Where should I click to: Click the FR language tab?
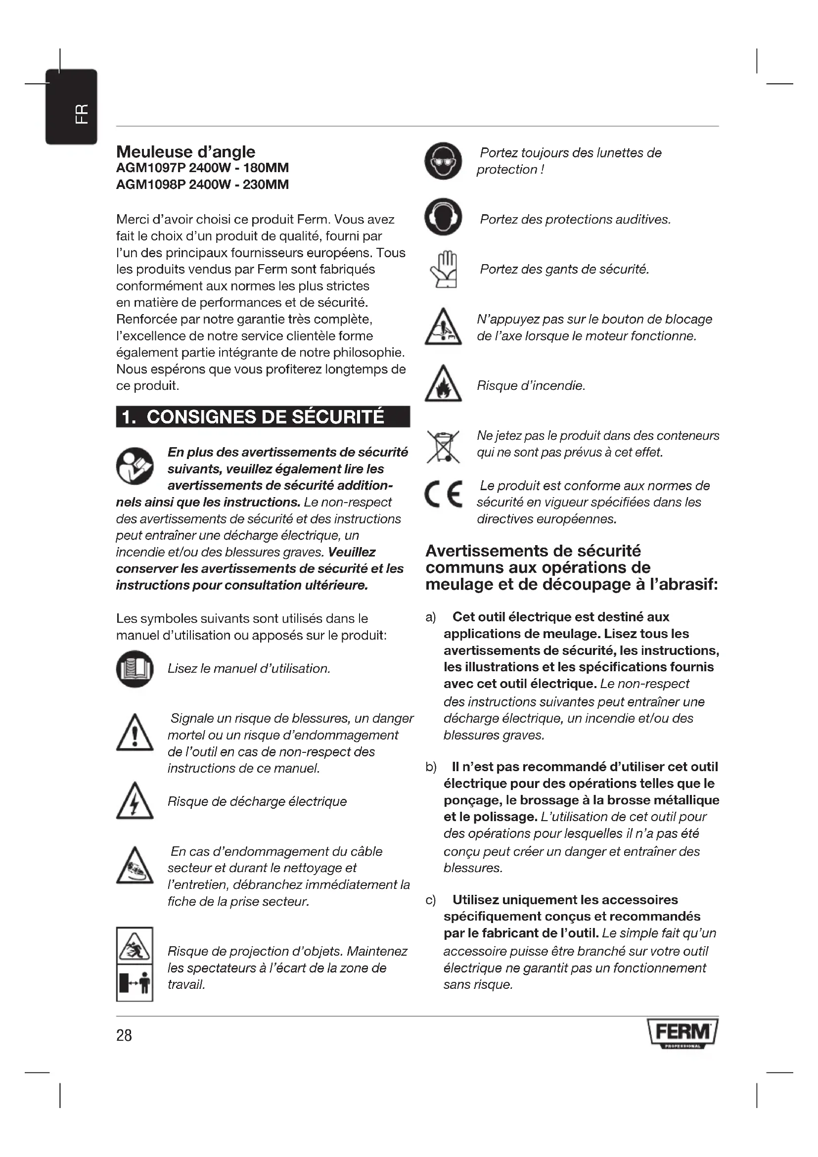point(71,107)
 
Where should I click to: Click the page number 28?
point(124,1035)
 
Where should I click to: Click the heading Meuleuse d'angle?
point(185,152)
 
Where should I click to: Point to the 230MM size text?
point(266,185)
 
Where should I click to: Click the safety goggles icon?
point(443,161)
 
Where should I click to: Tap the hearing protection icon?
point(443,217)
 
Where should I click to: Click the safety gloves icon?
point(444,270)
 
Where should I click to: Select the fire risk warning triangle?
point(443,384)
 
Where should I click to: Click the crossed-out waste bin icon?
point(443,447)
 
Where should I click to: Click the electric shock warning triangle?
point(135,801)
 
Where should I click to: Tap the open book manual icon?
point(135,669)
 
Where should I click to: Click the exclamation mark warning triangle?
point(135,733)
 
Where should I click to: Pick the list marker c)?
point(431,900)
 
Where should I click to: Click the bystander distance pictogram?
point(135,983)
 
